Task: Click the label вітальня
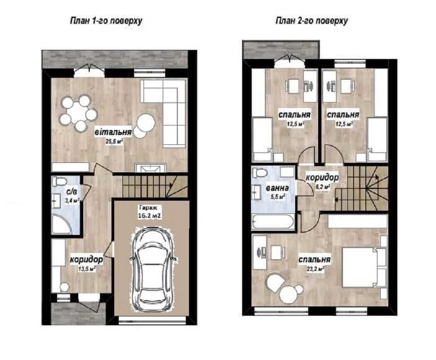pos(113,131)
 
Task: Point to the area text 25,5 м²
pos(114,141)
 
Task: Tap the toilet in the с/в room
pos(59,181)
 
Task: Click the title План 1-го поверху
pos(106,21)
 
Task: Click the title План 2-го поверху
pos(312,21)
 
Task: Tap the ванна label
pos(277,188)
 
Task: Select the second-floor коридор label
pos(322,177)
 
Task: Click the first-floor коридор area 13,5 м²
pos(87,269)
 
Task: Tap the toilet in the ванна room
pos(260,172)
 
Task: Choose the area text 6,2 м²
pos(322,187)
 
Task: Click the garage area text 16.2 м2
pos(149,216)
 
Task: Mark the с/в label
pos(72,191)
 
